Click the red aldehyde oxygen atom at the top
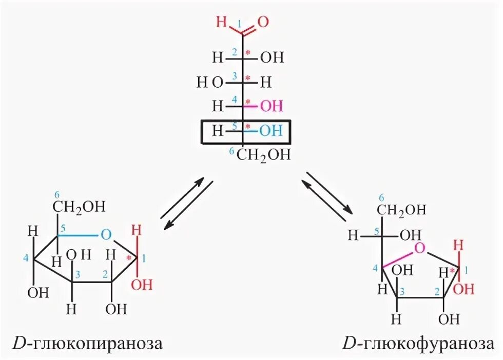click(x=262, y=22)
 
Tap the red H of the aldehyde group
click(x=221, y=23)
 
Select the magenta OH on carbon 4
click(x=271, y=106)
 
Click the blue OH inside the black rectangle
click(x=270, y=131)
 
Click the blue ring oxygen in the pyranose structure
click(x=106, y=235)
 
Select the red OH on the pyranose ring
click(x=142, y=284)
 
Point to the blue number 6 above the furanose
click(x=381, y=197)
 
